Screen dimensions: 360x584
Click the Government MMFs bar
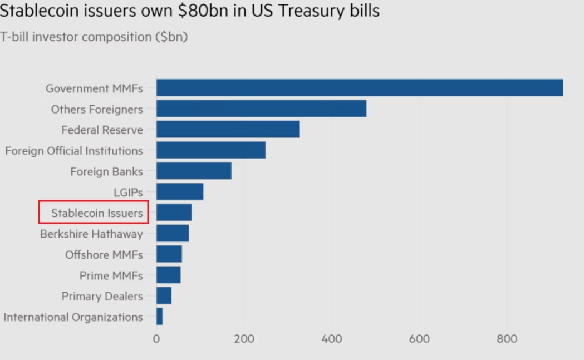359,88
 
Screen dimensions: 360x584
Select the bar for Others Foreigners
261,109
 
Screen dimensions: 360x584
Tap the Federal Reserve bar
228,130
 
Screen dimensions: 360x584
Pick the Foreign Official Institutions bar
211,150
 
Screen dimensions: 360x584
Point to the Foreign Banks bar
194,171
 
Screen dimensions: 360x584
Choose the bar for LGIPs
180,192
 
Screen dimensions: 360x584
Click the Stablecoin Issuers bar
174,213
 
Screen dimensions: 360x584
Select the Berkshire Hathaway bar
173,233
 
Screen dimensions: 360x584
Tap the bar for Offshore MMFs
169,254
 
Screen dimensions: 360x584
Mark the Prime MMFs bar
169,275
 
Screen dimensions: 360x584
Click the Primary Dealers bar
164,296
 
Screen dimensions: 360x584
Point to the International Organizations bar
160,317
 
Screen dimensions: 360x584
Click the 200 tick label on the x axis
244,339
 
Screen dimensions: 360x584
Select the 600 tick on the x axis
419,339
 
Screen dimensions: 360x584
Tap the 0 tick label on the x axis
156,339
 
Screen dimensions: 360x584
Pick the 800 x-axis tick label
507,339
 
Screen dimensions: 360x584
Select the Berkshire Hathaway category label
91,234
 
